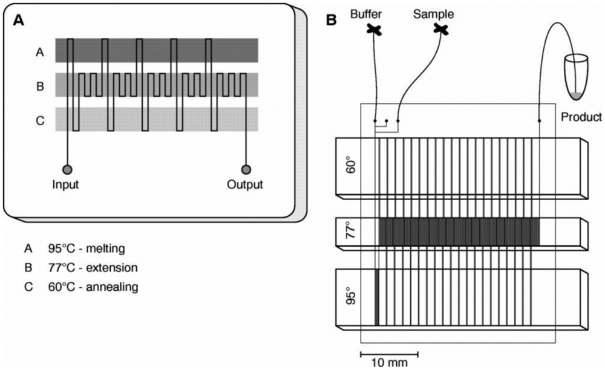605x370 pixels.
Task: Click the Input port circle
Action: point(68,170)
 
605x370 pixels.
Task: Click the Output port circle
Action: point(246,170)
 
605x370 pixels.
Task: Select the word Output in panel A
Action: point(246,184)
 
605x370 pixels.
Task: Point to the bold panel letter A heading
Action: point(19,19)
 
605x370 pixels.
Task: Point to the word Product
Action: point(581,116)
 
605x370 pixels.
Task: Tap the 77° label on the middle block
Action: point(348,232)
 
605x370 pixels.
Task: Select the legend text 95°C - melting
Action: point(88,248)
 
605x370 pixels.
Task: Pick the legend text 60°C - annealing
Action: point(93,287)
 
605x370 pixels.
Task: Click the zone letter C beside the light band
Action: point(39,120)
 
